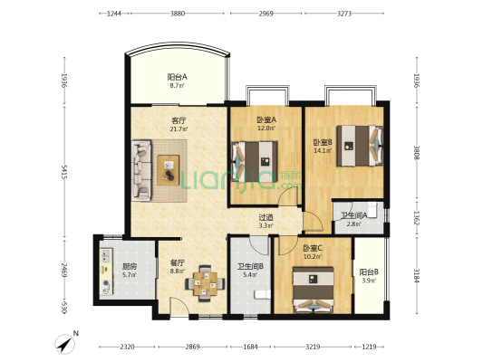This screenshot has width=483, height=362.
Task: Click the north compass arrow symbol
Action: (65, 344)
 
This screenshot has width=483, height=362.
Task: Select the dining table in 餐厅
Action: (205, 283)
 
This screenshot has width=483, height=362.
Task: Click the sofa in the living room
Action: (141, 171)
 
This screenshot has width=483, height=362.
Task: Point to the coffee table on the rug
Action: (169, 170)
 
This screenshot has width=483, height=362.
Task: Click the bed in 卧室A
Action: (255, 161)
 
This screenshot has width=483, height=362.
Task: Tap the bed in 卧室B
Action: (360, 146)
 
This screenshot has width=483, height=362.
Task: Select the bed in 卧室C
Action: (314, 290)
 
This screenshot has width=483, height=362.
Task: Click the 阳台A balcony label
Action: (177, 77)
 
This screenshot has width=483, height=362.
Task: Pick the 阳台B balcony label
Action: (369, 272)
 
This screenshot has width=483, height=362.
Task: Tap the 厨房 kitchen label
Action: (130, 266)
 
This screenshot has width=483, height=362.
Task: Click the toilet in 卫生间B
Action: (263, 295)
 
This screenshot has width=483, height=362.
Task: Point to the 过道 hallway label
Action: (266, 217)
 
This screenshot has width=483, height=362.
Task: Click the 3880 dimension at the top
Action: (178, 14)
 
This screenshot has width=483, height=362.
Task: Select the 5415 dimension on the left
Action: (64, 172)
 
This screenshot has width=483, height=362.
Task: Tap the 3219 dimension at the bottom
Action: (313, 347)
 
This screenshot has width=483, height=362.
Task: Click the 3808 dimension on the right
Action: (417, 152)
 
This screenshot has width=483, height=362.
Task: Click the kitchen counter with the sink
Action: (106, 271)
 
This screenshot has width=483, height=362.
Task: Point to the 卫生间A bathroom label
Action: (354, 215)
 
